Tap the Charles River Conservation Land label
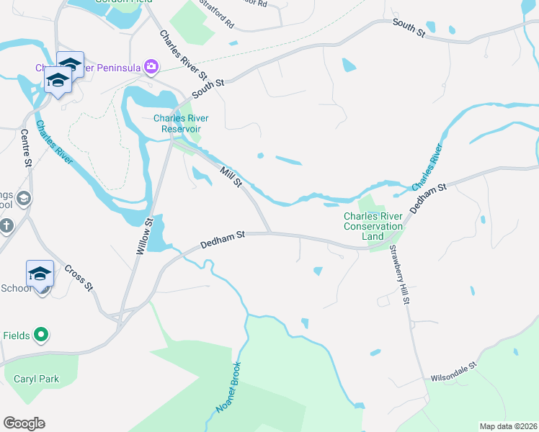pos(373,226)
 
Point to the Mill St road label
pos(231,177)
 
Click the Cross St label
pos(79,278)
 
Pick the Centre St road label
pos(27,148)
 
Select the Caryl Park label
pos(36,379)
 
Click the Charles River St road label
pos(184,55)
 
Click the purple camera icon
pos(151,67)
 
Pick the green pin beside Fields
pos(41,335)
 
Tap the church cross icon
pos(6,225)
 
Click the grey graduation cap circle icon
pos(23,198)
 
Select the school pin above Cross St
pos(40,274)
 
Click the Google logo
pos(24,423)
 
